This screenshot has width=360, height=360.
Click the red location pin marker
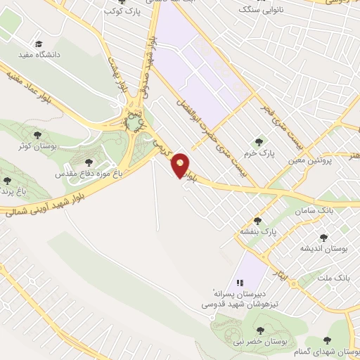[x=181, y=165]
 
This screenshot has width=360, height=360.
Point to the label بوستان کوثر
[x=37, y=147]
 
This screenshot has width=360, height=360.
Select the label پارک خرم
[x=266, y=152]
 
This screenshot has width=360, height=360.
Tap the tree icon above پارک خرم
[x=266, y=141]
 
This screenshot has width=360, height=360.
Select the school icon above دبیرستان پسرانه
[x=240, y=282]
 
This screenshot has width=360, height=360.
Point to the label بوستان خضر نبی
[x=259, y=341]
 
